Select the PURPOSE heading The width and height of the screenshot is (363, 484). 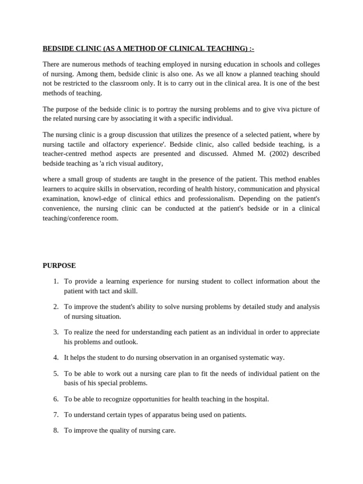tap(59, 266)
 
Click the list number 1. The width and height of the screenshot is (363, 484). tap(56, 281)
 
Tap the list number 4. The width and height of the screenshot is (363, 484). tap(56, 357)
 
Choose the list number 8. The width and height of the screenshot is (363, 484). tap(56, 431)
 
